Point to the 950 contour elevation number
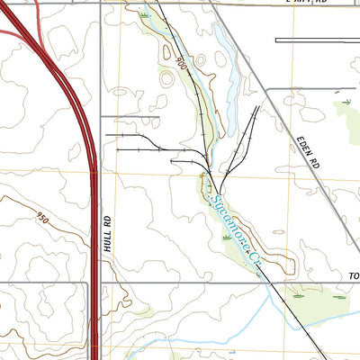41,217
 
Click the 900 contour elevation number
182,63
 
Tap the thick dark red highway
90,180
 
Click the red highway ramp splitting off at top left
18,31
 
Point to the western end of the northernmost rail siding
106,134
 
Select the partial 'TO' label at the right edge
353,275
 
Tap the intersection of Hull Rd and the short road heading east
101,117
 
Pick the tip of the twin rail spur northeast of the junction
258,107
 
